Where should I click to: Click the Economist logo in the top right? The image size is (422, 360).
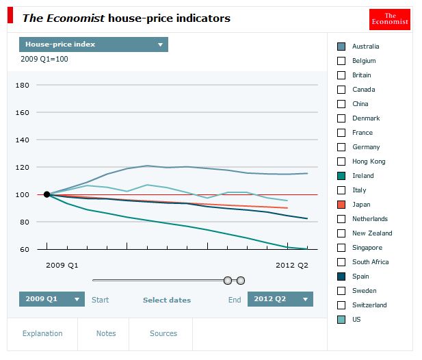(x=389, y=19)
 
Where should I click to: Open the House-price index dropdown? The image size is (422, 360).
(x=94, y=44)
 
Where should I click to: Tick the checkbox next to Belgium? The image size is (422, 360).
(x=341, y=61)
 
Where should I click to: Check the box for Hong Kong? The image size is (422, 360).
(x=341, y=162)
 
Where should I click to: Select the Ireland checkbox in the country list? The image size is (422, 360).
(x=341, y=176)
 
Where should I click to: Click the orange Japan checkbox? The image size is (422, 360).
(x=341, y=205)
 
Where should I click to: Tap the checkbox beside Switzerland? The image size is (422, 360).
(x=341, y=305)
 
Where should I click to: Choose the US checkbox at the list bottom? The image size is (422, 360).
(x=341, y=320)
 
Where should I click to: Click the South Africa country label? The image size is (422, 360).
(x=370, y=262)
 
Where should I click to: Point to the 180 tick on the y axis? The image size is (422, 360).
(x=23, y=86)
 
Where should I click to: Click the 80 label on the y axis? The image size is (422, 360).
(x=25, y=222)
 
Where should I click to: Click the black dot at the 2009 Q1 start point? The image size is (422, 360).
(x=47, y=194)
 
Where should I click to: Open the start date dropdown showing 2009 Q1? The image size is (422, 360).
(x=52, y=299)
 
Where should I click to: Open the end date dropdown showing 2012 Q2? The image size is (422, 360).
(x=280, y=299)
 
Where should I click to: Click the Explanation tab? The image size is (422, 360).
(x=42, y=333)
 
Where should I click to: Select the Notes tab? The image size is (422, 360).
(x=106, y=333)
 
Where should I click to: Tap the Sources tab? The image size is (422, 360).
(x=163, y=333)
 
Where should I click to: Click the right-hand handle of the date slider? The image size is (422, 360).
(x=241, y=281)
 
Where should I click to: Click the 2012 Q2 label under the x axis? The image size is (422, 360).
(x=292, y=266)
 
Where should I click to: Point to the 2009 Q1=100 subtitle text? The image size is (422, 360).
(x=44, y=60)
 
